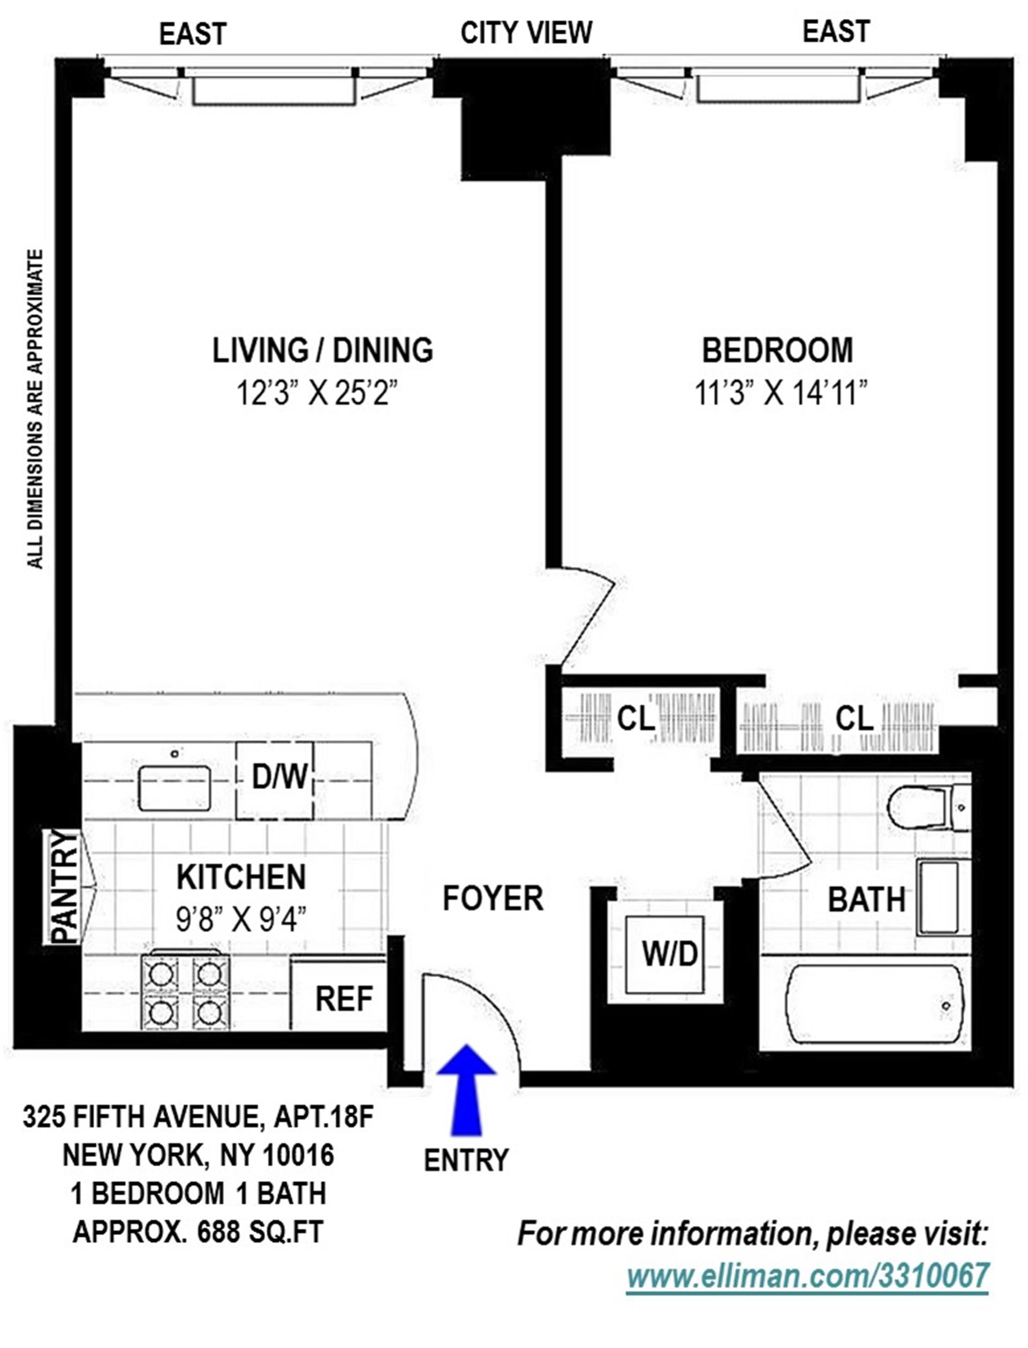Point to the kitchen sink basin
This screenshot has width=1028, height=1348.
(x=175, y=788)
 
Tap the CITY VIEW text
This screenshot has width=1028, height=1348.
(x=526, y=33)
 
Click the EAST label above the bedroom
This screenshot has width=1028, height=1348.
(x=836, y=31)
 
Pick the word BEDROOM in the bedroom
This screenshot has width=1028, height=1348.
(x=777, y=351)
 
